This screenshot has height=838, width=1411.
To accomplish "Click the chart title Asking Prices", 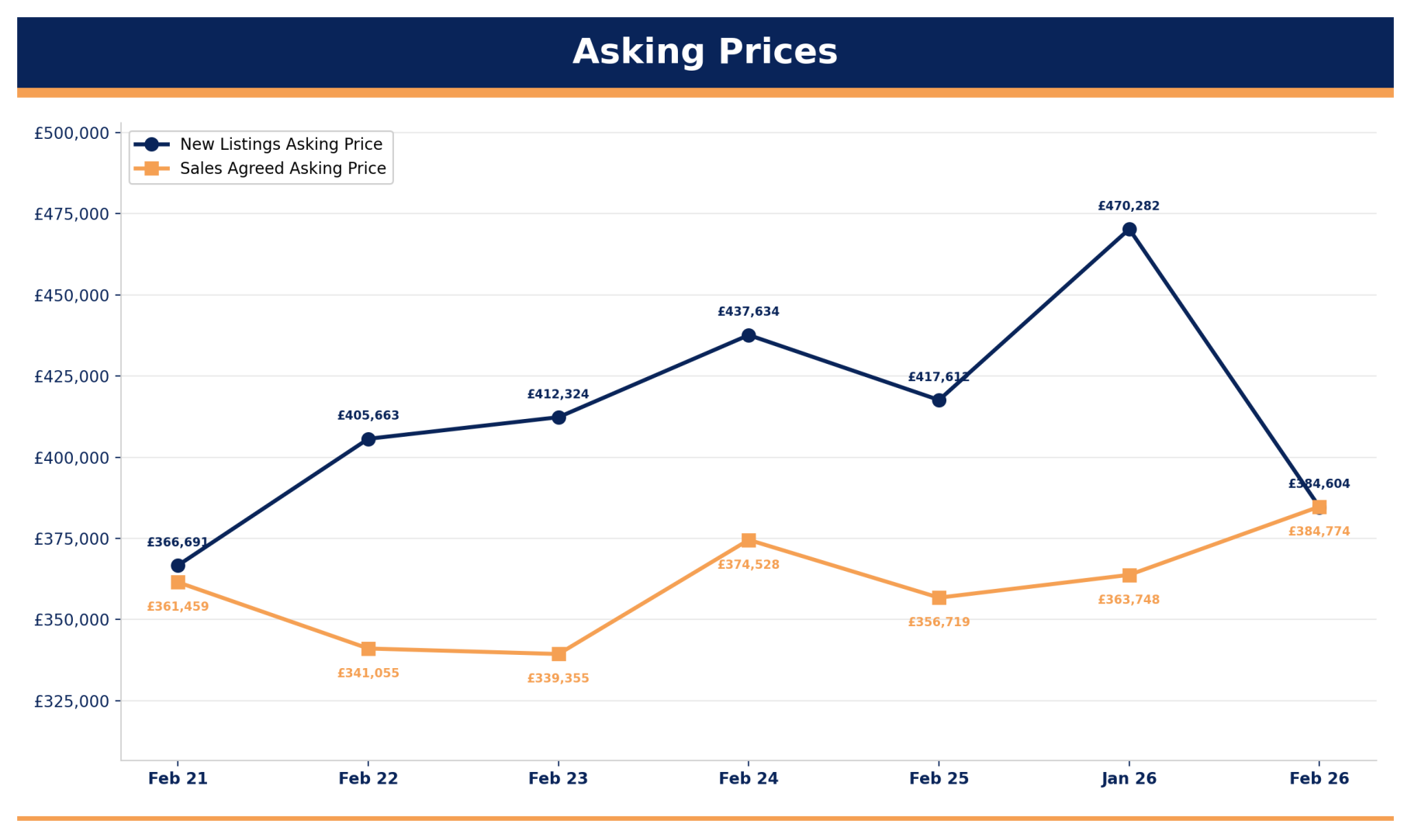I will point(704,53).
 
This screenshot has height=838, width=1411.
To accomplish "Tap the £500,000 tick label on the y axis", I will point(71,133).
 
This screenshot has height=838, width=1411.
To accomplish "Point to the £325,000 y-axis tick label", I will point(71,701).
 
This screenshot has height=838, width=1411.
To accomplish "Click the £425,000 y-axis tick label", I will point(71,377).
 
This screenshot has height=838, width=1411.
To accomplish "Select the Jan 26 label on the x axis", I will point(1129,779).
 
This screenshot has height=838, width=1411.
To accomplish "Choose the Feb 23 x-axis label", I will point(558,779).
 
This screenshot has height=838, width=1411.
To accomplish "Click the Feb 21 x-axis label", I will point(178,779).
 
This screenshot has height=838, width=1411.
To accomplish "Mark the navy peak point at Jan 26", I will point(1129,230).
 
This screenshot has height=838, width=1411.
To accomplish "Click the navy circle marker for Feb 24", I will point(748,335).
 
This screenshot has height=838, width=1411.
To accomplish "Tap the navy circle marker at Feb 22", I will point(368,439).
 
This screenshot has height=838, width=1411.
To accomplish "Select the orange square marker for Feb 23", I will point(559,654).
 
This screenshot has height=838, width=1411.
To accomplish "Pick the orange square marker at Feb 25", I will point(939,597).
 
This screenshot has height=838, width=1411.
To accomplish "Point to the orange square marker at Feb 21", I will point(178,582).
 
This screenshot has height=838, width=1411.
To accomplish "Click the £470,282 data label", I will point(1128,206).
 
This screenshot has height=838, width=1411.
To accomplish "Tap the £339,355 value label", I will point(558,679).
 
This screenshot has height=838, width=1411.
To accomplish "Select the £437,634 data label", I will point(748,312).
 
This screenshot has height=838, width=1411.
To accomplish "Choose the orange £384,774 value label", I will point(1319,532).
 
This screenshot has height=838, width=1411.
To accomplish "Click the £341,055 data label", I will point(368,674).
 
